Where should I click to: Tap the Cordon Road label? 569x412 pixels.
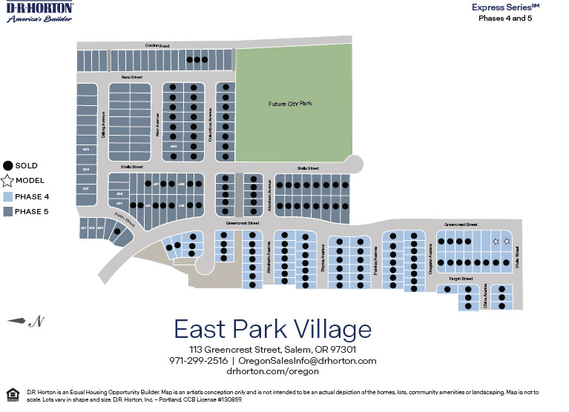pyautogui.click(x=157, y=47)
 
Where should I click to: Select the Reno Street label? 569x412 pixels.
pyautogui.click(x=132, y=77)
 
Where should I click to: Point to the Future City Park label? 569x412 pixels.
pyautogui.click(x=290, y=104)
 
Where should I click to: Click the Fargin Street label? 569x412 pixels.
pyautogui.click(x=461, y=279)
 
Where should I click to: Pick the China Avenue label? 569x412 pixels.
pyautogui.click(x=485, y=295)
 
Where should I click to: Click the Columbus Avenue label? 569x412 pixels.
pyautogui.click(x=211, y=123)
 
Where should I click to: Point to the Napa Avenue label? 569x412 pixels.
pyautogui.click(x=157, y=123)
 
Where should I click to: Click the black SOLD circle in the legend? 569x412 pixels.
pyautogui.click(x=8, y=166)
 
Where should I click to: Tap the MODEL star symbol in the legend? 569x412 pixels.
pyautogui.click(x=8, y=181)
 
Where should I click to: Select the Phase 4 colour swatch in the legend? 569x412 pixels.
pyautogui.click(x=8, y=197)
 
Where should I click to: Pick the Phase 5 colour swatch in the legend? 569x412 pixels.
pyautogui.click(x=8, y=212)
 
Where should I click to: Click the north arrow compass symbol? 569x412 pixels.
pyautogui.click(x=24, y=321)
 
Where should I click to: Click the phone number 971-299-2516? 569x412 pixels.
pyautogui.click(x=198, y=360)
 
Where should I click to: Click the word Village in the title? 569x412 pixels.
pyautogui.click(x=324, y=329)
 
